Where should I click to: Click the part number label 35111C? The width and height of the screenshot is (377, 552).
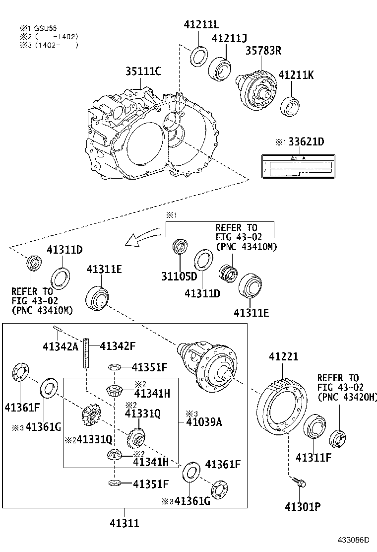click(142, 71)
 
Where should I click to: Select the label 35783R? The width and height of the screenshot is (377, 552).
click(263, 51)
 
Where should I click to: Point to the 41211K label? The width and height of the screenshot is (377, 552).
click(296, 75)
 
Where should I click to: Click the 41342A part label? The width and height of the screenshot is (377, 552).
click(60, 346)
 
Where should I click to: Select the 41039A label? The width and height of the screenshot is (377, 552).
click(203, 422)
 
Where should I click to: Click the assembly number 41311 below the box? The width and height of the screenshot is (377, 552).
click(124, 523)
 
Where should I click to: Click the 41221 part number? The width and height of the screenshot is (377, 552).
click(284, 356)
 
